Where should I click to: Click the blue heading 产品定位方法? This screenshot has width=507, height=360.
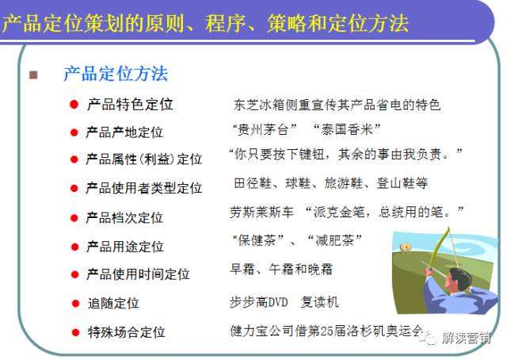click(116, 74)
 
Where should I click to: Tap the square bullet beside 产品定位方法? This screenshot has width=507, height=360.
click(33, 75)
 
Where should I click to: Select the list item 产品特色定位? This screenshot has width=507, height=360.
click(130, 104)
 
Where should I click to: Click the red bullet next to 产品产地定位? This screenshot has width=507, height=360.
click(74, 132)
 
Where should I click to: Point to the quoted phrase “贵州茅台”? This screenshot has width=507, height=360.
click(264, 129)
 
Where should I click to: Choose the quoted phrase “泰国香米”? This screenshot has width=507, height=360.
click(347, 129)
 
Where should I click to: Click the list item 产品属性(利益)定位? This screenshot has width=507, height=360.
click(144, 159)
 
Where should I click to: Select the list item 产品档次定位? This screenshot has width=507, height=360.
click(124, 217)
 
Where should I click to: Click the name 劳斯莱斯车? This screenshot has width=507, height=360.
click(262, 213)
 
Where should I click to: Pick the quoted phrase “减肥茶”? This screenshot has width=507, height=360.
click(334, 240)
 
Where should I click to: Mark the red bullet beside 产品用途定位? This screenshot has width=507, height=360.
click(74, 247)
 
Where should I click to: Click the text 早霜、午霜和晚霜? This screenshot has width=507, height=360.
click(281, 269)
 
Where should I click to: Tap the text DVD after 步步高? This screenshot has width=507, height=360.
click(278, 302)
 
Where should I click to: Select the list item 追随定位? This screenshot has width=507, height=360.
click(113, 304)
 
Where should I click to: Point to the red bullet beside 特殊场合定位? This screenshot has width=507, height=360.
click(76, 332)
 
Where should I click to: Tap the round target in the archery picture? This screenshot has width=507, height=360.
click(405, 247)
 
